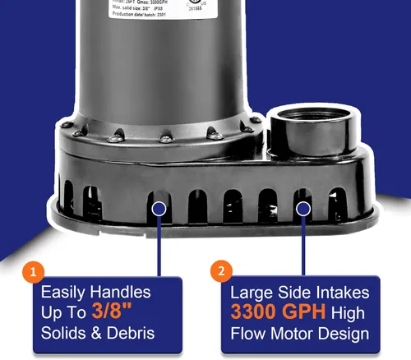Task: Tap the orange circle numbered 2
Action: [220, 271]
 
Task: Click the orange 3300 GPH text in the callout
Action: [276, 313]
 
